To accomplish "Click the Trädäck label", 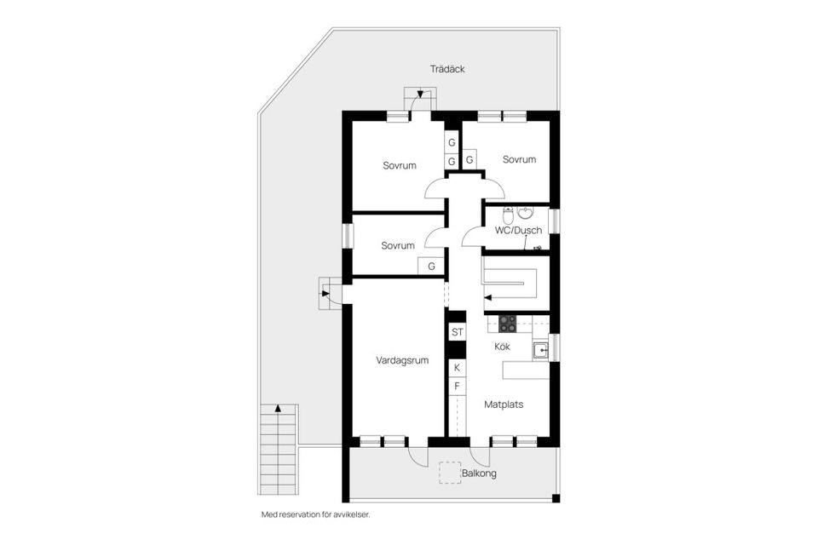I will (447, 69).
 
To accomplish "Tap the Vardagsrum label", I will (402, 360).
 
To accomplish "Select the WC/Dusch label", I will (518, 230).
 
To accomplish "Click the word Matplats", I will (504, 404).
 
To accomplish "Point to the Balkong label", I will (479, 473).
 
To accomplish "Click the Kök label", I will (503, 347).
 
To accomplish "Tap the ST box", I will (457, 332).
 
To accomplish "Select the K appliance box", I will (457, 368).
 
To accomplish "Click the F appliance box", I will (457, 387).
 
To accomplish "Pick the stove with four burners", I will (507, 324).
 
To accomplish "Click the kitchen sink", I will (539, 348).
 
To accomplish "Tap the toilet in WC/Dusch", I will (524, 212).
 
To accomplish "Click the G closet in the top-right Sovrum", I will (469, 159).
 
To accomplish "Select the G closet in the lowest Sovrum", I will (431, 266).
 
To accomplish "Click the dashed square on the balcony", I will (449, 473).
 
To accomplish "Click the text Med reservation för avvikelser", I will (315, 515).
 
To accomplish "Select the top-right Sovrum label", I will (519, 159).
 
